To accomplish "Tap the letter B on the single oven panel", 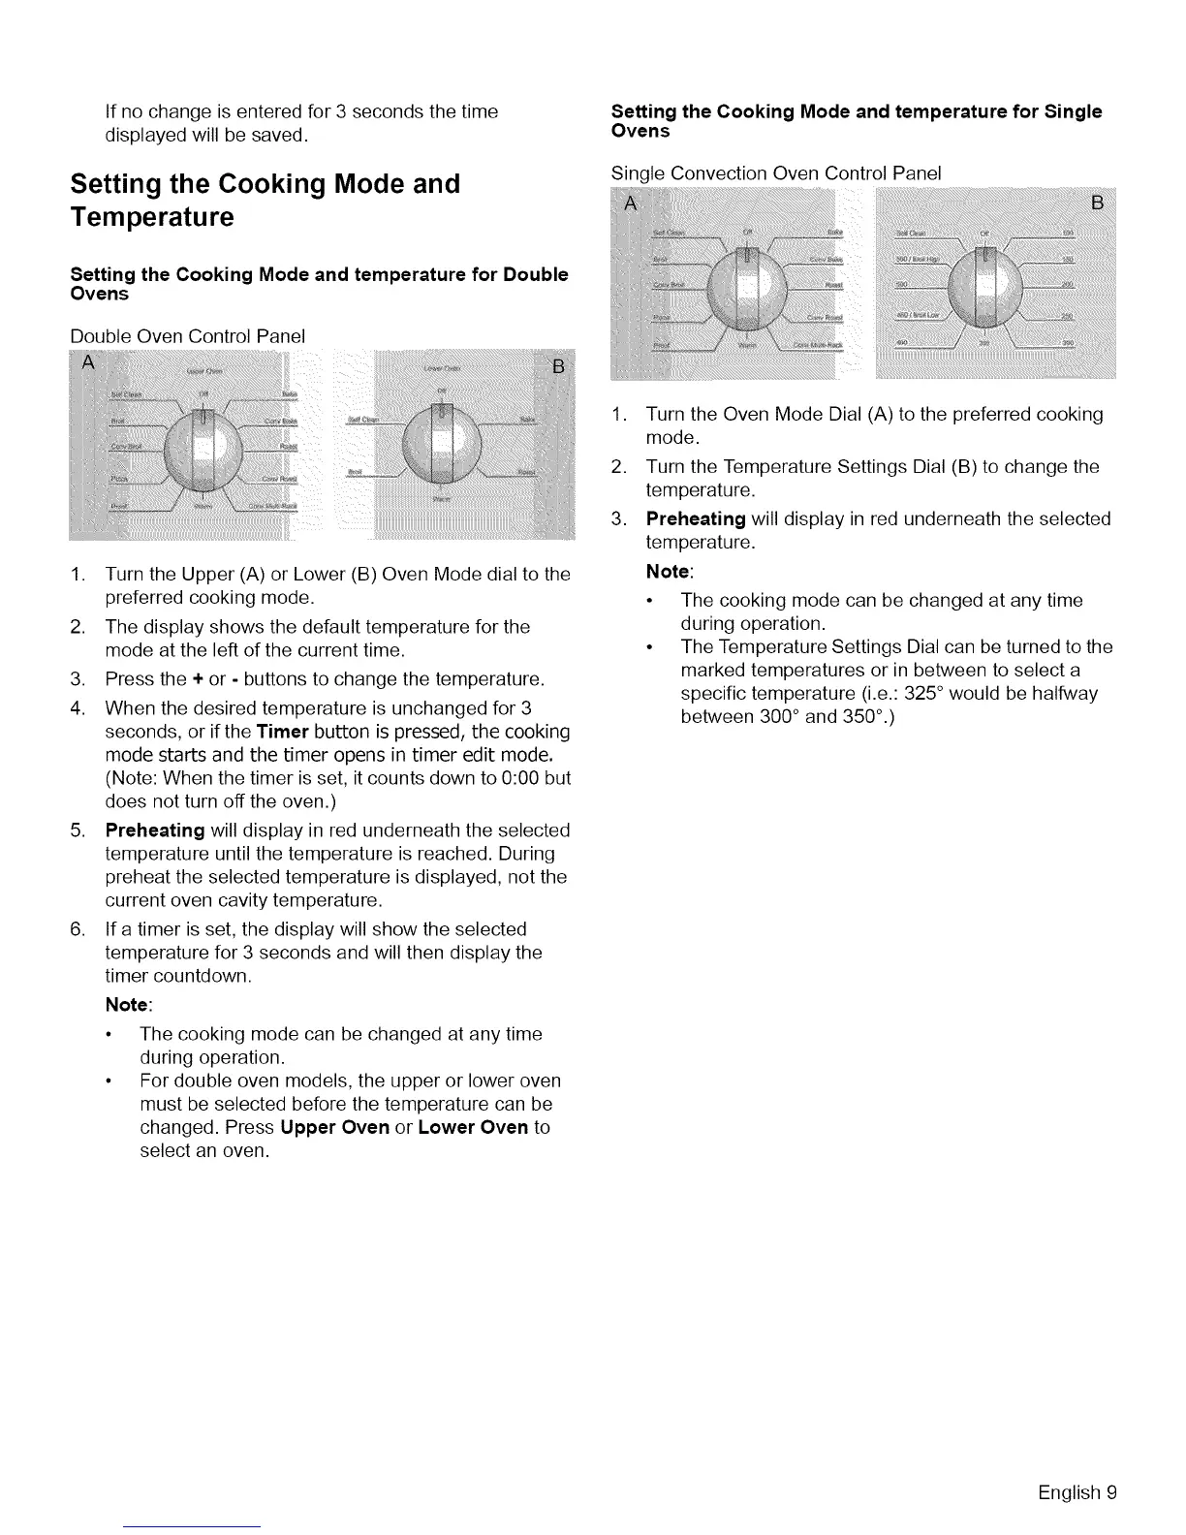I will (x=1098, y=204).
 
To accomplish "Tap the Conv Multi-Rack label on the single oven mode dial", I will (x=821, y=344).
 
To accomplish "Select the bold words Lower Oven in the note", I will (x=473, y=1127).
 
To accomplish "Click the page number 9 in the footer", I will (x=1111, y=1492).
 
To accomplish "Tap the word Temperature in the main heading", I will (x=152, y=216).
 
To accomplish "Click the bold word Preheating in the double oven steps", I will (x=155, y=830).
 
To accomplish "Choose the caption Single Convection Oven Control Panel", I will (x=776, y=173).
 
